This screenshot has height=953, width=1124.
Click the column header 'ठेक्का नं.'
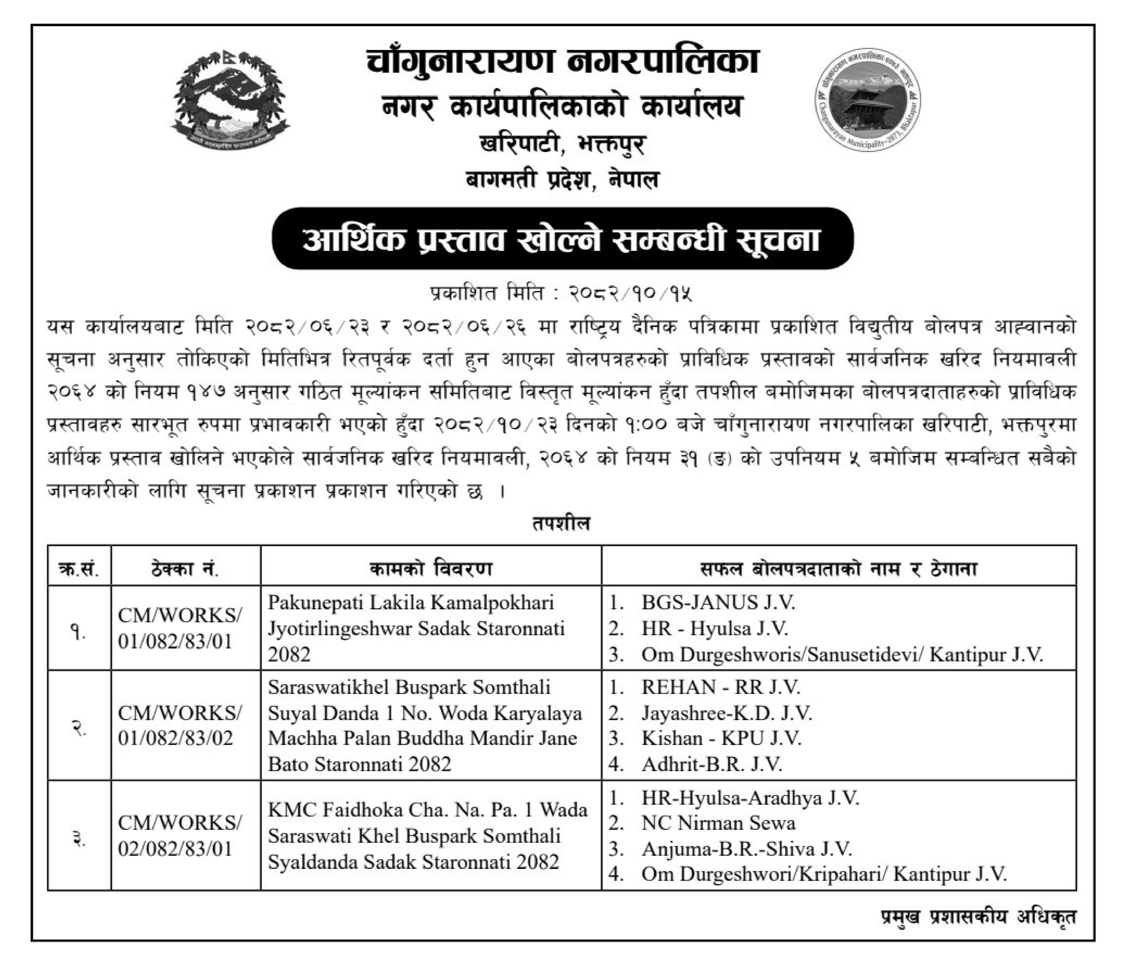click(185, 569)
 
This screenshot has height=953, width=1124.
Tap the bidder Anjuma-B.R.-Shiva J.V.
click(746, 849)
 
